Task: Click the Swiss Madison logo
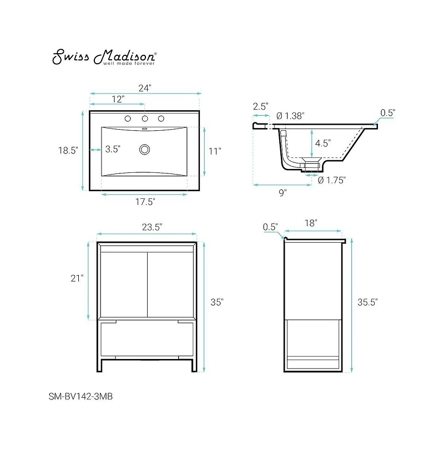click(104, 57)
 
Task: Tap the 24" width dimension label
click(145, 88)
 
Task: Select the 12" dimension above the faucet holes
click(118, 99)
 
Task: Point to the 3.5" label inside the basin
click(113, 148)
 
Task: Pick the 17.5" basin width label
click(145, 202)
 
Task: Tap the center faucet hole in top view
click(145, 119)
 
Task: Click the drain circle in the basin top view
click(145, 148)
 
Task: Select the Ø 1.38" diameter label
click(290, 115)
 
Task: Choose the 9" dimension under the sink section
click(282, 193)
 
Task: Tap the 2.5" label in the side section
click(260, 106)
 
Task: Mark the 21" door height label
click(77, 279)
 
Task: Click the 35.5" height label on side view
click(367, 302)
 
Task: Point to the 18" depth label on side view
click(311, 223)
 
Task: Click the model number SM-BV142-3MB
click(80, 396)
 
